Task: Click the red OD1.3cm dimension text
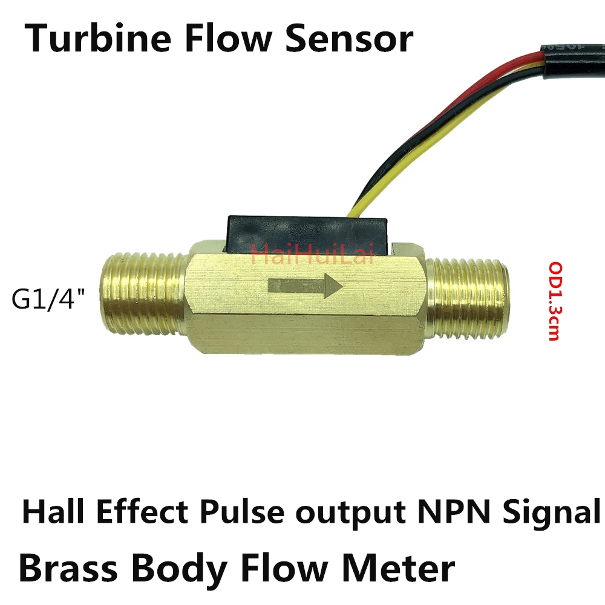[553, 301]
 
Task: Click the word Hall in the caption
[51, 513]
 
